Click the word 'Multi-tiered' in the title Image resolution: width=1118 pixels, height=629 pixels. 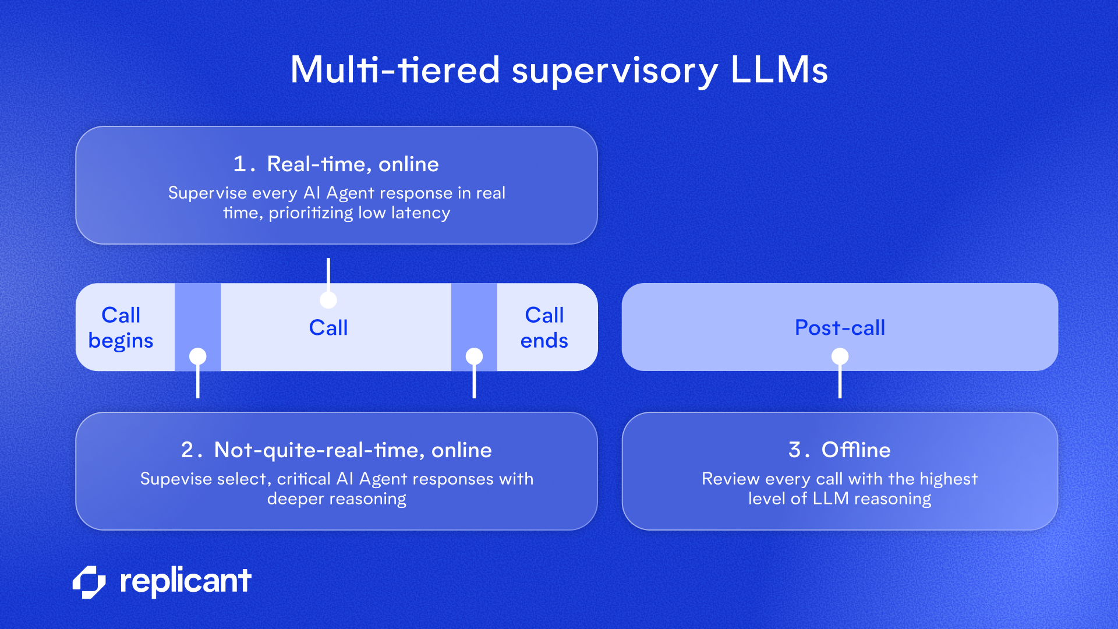tap(395, 70)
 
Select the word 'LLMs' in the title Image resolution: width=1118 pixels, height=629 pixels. tap(779, 70)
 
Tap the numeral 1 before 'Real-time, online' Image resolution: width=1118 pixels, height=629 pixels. tap(239, 164)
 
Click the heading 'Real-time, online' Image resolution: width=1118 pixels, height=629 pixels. tap(352, 164)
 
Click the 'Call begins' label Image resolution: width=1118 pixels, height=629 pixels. tap(121, 327)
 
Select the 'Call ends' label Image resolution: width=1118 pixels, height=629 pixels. tap(544, 327)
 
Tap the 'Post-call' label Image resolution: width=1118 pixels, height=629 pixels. tap(840, 327)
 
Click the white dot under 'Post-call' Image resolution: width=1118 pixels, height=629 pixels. tap(840, 356)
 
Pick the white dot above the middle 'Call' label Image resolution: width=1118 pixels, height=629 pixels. tap(328, 300)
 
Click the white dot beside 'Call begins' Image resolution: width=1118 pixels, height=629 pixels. tap(198, 356)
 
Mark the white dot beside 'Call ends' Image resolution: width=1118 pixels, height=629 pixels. tap(474, 356)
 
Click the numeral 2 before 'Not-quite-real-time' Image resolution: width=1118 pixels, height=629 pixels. tap(187, 450)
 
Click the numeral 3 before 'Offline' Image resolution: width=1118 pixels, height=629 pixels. tap(795, 450)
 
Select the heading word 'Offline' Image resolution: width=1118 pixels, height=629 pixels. tap(855, 450)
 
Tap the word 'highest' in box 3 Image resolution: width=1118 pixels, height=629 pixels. tap(949, 479)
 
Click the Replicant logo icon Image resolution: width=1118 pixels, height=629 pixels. tap(89, 582)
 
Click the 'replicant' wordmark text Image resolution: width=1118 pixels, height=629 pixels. tap(185, 581)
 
